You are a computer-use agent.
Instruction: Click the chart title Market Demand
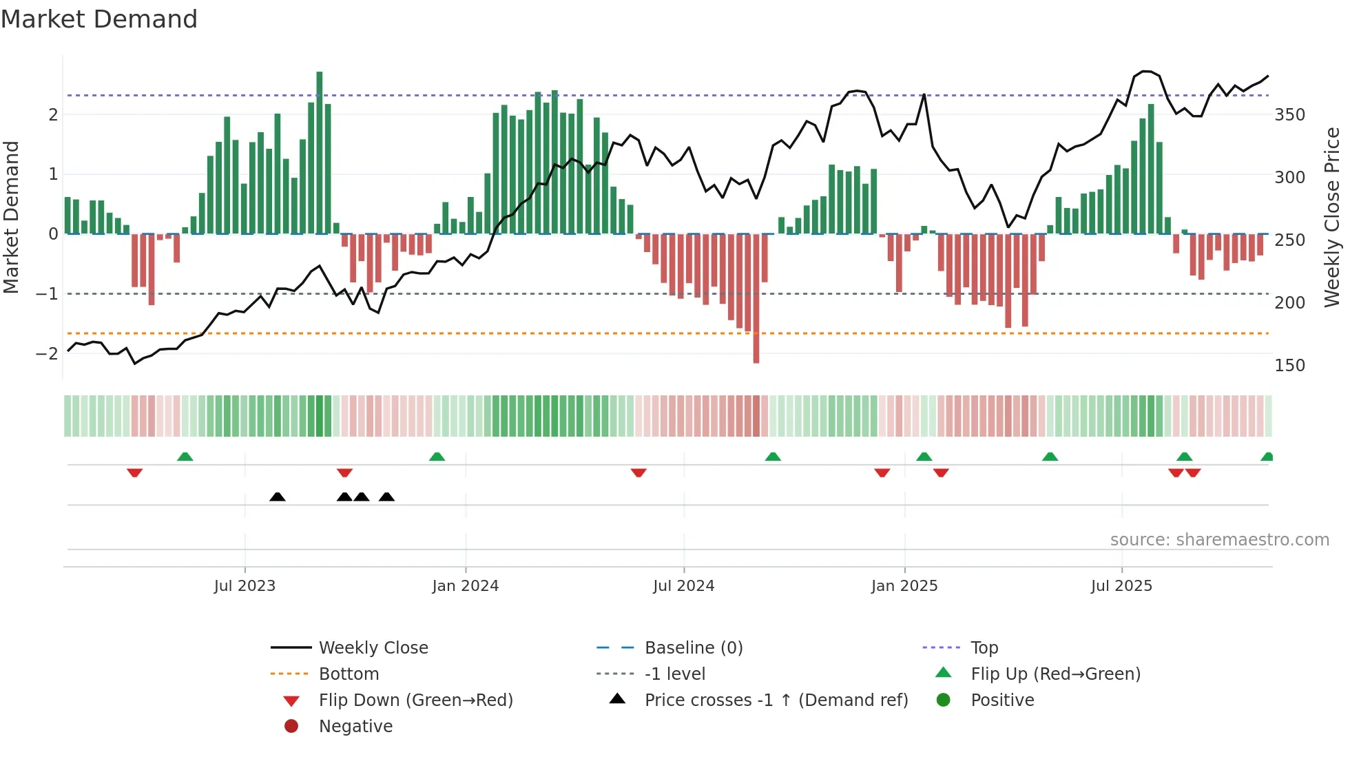99,19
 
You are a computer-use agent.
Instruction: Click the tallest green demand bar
320,152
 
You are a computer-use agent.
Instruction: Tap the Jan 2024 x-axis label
466,586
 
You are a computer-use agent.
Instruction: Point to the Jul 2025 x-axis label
1121,586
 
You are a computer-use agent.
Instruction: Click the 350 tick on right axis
1289,115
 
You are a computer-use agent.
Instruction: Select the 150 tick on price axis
1289,366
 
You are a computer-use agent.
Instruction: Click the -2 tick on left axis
47,354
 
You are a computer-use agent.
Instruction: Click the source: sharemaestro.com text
1219,540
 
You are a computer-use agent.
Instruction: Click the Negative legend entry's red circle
291,727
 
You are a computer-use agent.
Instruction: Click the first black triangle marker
278,497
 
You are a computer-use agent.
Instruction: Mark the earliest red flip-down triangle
135,472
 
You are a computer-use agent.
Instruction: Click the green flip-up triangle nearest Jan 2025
924,457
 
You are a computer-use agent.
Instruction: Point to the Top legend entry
984,648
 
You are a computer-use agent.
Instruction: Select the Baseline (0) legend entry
693,648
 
